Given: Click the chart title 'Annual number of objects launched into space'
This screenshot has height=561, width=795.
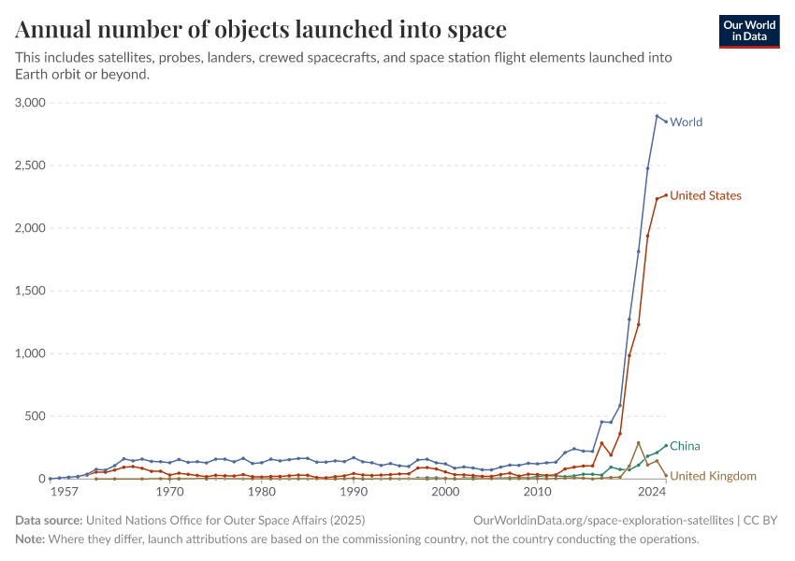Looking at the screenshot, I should (x=261, y=29).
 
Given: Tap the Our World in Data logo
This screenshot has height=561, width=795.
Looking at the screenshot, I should (x=749, y=31).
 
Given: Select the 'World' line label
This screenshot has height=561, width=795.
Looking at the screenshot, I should (x=686, y=122).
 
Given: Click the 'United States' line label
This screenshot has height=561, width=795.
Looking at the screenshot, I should (x=705, y=196).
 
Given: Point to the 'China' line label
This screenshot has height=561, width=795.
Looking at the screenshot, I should (x=685, y=446).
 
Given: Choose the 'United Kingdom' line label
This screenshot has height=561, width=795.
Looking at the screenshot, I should (x=713, y=477).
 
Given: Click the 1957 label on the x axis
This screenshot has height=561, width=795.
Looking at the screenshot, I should (x=64, y=492).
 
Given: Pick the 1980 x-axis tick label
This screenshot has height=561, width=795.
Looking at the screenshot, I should (x=261, y=492).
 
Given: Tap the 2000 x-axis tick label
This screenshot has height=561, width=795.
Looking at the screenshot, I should (x=445, y=492).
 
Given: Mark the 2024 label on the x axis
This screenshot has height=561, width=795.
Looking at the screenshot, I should (x=647, y=492).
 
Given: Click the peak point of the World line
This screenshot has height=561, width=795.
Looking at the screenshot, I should (x=657, y=116).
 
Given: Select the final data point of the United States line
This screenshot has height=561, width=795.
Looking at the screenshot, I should (x=666, y=195).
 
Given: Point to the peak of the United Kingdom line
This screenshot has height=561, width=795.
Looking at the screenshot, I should (x=639, y=443).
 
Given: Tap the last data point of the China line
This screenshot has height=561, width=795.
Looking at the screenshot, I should (x=666, y=446).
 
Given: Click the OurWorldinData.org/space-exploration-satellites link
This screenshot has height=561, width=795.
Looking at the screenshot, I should (x=604, y=520).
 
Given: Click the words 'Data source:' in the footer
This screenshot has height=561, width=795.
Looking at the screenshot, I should (x=49, y=520).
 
